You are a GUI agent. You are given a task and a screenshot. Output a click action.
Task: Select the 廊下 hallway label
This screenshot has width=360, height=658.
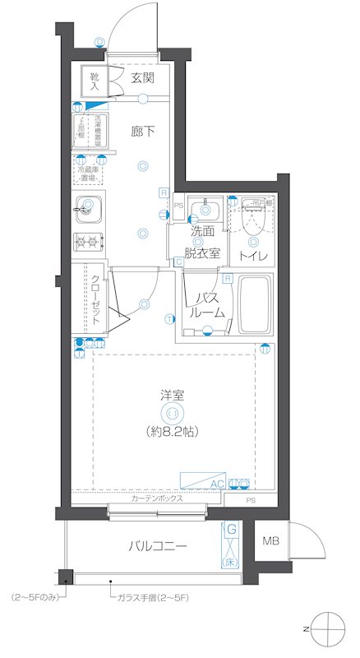(143, 130)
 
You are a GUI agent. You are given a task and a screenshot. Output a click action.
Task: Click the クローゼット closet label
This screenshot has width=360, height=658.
(95, 299)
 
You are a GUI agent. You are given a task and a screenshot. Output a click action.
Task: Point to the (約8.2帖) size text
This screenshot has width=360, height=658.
(173, 431)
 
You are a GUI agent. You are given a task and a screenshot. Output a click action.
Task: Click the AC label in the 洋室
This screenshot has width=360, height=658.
(217, 484)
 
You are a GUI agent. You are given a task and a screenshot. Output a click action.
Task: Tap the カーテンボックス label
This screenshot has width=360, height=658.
(156, 499)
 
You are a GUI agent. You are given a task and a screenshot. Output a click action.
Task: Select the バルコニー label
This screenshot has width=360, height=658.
(157, 546)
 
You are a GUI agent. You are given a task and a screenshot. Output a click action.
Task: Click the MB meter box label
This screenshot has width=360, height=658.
(270, 541)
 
